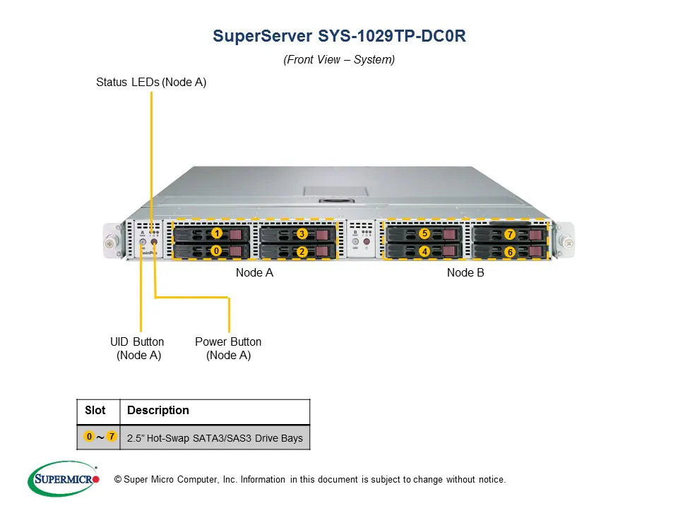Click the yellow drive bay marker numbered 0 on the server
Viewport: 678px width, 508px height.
pos(217,250)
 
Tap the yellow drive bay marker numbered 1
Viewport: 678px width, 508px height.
pos(217,233)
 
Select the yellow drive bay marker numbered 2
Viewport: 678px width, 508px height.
pos(302,251)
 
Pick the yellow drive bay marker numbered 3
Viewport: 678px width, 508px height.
pos(302,234)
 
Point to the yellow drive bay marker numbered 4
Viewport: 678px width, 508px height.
pos(424,250)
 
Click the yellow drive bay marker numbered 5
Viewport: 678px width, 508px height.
pos(424,233)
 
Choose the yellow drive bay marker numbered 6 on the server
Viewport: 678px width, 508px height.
pos(509,252)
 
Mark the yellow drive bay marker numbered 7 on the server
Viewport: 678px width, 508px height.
pos(509,234)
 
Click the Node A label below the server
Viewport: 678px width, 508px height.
pos(254,272)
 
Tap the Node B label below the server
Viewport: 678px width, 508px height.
pos(465,272)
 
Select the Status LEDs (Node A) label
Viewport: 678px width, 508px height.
pos(151,83)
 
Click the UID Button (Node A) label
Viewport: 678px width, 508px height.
pos(138,349)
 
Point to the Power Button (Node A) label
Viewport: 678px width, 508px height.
pos(228,349)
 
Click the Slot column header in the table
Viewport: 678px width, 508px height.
pos(95,411)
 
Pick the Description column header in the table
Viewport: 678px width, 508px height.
pos(158,411)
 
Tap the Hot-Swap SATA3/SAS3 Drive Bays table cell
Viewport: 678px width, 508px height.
pos(215,438)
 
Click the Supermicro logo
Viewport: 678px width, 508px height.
pos(63,479)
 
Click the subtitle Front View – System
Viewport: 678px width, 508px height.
pos(339,60)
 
